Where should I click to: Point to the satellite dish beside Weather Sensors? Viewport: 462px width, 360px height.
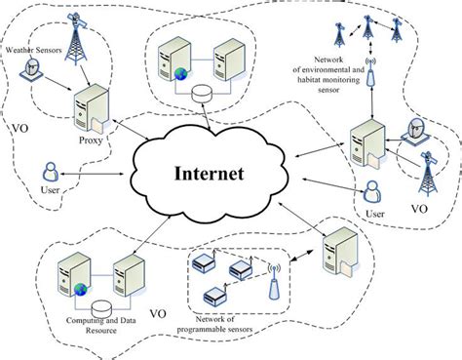click(x=34, y=67)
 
